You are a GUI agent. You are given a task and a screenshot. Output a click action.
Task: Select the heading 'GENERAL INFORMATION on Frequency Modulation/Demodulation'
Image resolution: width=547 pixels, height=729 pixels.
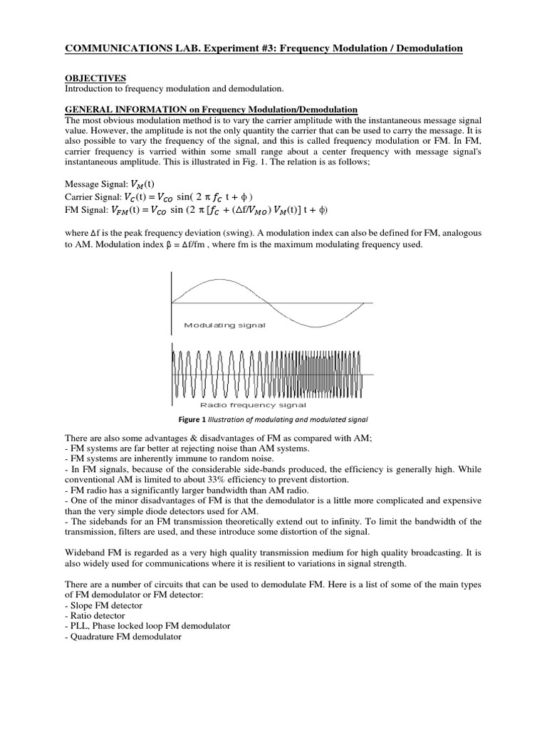pyautogui.click(x=211, y=109)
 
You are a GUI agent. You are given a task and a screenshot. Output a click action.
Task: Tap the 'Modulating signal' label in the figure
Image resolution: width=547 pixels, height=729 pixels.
pyautogui.click(x=224, y=325)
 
